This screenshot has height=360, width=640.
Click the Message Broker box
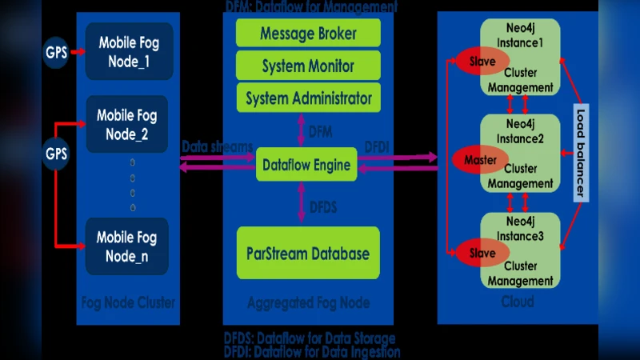308,34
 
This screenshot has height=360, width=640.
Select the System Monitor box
308,66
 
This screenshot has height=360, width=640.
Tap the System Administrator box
308,98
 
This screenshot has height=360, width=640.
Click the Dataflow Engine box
306,165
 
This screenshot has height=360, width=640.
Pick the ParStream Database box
308,254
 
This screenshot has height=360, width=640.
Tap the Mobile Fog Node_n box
128,246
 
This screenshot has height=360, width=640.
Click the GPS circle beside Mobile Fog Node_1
56,53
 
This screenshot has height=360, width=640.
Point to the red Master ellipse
480,160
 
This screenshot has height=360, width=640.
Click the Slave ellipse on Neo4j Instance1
482,61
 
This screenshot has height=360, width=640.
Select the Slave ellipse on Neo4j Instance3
482,254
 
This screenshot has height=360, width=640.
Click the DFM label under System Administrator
320,131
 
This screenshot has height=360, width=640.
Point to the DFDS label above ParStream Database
322,207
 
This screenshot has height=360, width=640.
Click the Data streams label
217,147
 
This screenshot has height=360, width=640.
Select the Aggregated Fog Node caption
308,302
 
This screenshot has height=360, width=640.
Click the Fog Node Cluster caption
128,302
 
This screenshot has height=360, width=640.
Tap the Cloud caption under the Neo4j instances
518,302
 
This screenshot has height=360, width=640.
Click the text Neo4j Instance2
525,133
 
